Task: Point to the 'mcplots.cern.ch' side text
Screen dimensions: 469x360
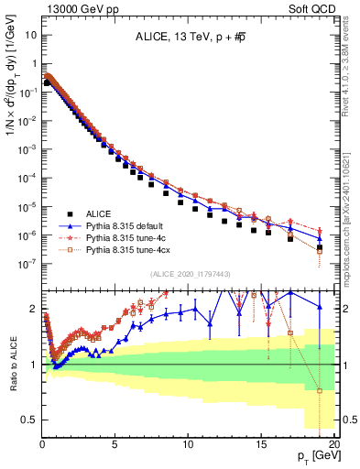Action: tap(350, 229)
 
